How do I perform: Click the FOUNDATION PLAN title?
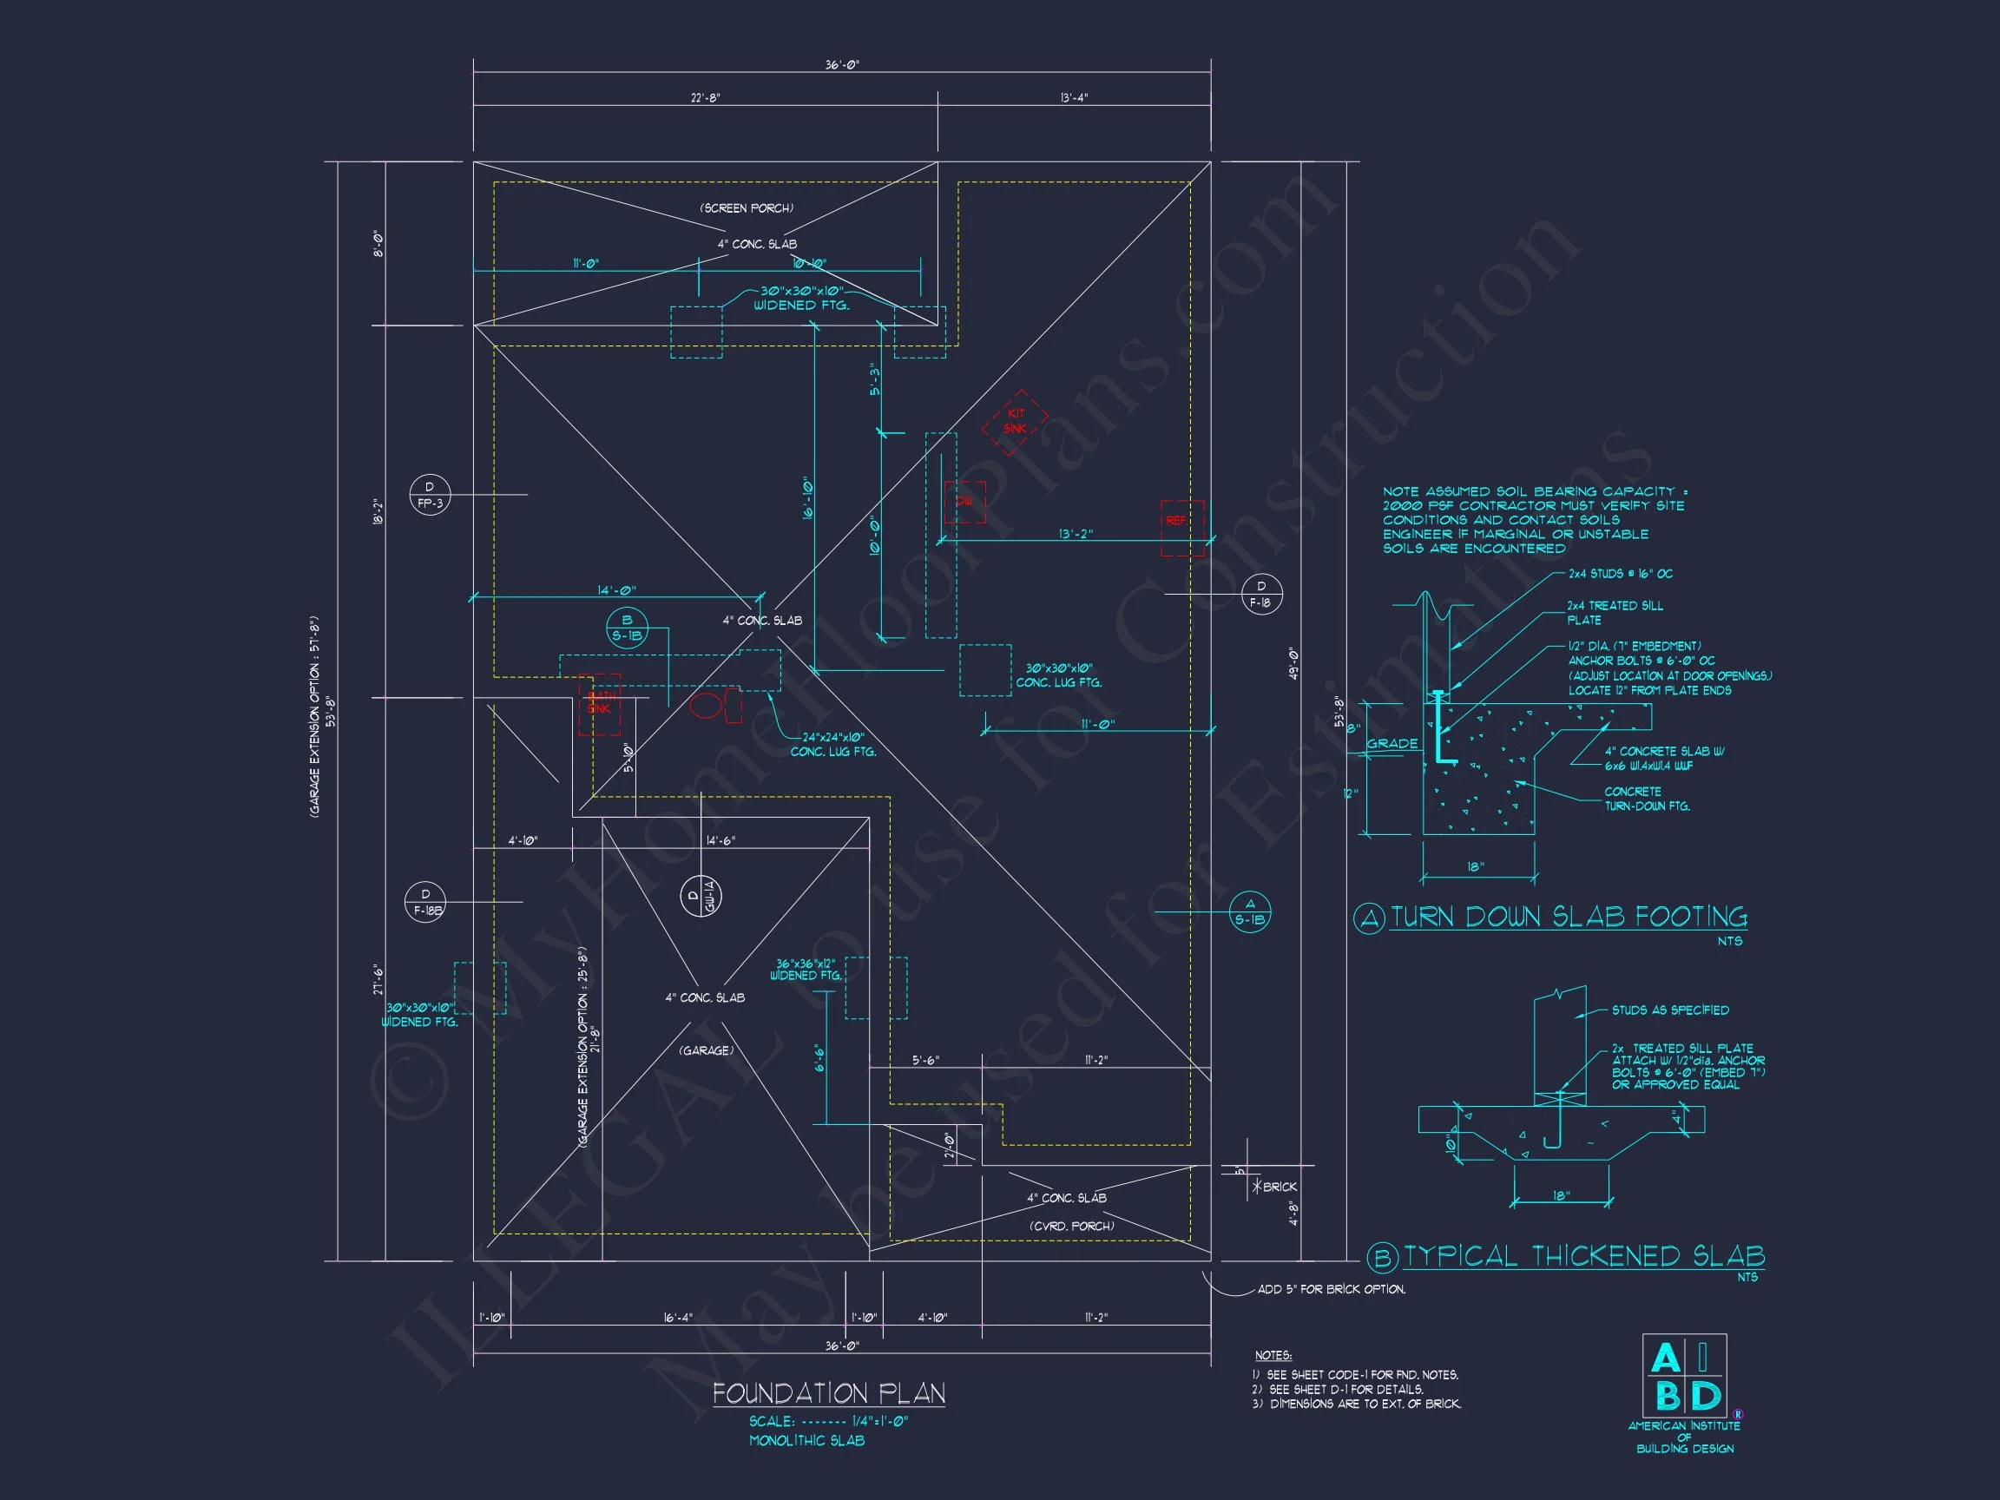pyautogui.click(x=828, y=1393)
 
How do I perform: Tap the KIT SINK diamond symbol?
pyautogui.click(x=1016, y=421)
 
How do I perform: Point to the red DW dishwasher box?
pyautogui.click(x=964, y=503)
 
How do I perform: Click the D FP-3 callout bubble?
pyautogui.click(x=430, y=495)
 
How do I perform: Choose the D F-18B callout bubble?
pyautogui.click(x=426, y=903)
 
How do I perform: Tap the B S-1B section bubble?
pyautogui.click(x=627, y=628)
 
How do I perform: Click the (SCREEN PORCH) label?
pyautogui.click(x=747, y=208)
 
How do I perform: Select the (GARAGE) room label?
pyautogui.click(x=706, y=1050)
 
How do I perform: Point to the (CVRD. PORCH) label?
pyautogui.click(x=1071, y=1226)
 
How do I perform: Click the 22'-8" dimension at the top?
pyautogui.click(x=705, y=97)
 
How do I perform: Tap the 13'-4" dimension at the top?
pyautogui.click(x=1074, y=97)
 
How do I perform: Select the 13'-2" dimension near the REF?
pyautogui.click(x=1075, y=534)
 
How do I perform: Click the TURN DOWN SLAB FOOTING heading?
pyautogui.click(x=1567, y=918)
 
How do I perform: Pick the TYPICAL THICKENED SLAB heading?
pyautogui.click(x=1583, y=1256)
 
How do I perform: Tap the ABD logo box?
pyautogui.click(x=1683, y=1375)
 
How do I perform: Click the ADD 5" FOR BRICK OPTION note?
pyautogui.click(x=1331, y=1289)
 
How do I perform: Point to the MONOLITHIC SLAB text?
pyautogui.click(x=806, y=1440)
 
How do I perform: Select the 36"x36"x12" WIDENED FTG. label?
pyautogui.click(x=805, y=970)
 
